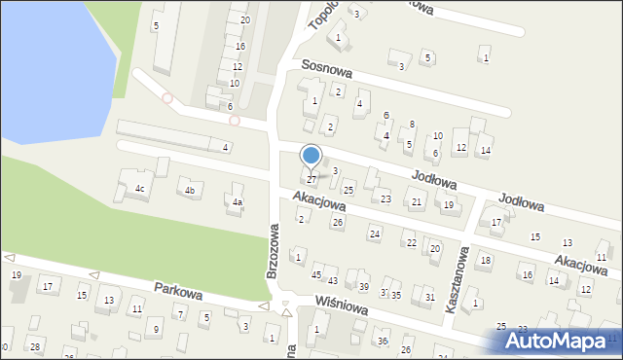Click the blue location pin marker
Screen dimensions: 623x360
pyautogui.click(x=311, y=156)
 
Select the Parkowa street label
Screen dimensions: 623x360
pyautogui.click(x=177, y=290)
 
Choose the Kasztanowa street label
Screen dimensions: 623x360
pyautogui.click(x=458, y=278)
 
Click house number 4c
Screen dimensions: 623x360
pyautogui.click(x=140, y=188)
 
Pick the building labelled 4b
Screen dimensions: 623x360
pyautogui.click(x=191, y=190)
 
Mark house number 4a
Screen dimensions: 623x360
pyautogui.click(x=237, y=202)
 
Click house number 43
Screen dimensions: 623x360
pyautogui.click(x=332, y=280)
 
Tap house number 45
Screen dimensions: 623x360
pyautogui.click(x=315, y=275)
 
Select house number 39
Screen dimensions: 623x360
pyautogui.click(x=363, y=287)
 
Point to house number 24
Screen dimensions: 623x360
pyautogui.click(x=374, y=234)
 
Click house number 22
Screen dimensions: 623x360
pyautogui.click(x=411, y=242)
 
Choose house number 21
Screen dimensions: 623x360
pyautogui.click(x=417, y=202)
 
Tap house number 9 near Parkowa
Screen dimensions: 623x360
pyautogui.click(x=157, y=329)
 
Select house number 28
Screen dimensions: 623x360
pyautogui.click(x=35, y=347)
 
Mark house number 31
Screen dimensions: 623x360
pyautogui.click(x=429, y=297)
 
